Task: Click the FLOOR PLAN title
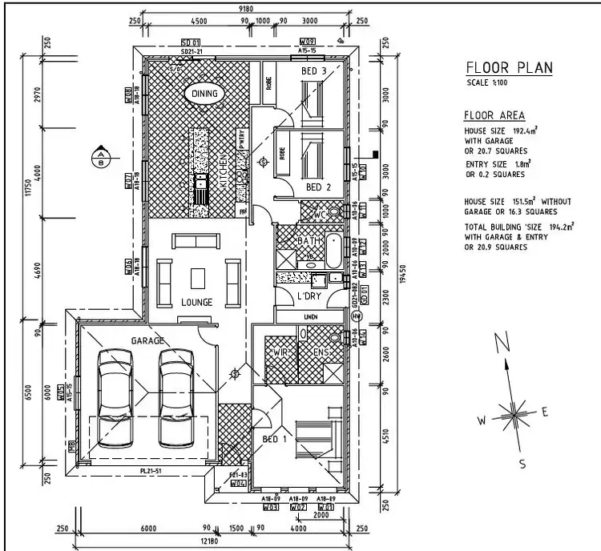(509, 67)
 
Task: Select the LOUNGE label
(197, 302)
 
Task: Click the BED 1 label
(274, 440)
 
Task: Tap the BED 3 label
(313, 71)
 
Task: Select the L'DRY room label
(309, 297)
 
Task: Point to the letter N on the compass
(502, 344)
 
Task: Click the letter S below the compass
(522, 464)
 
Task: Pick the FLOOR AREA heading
(494, 115)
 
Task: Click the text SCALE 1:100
(486, 82)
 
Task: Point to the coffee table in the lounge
(198, 278)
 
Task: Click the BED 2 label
(318, 187)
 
